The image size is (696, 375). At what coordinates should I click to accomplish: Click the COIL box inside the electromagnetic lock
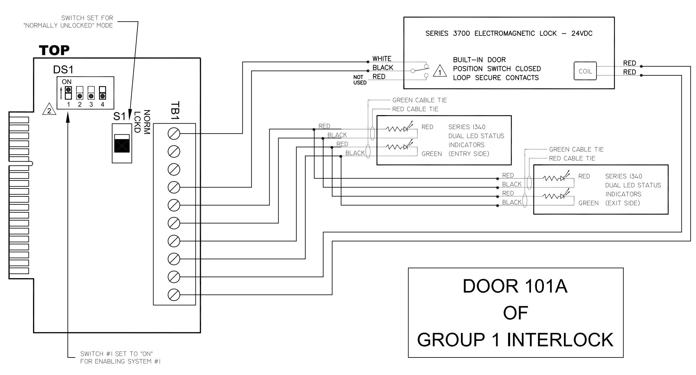pyautogui.click(x=585, y=71)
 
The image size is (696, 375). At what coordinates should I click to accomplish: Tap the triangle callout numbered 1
pyautogui.click(x=440, y=71)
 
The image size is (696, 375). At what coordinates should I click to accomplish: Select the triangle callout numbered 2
pyautogui.click(x=49, y=110)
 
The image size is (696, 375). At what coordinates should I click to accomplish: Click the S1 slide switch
pyautogui.click(x=122, y=143)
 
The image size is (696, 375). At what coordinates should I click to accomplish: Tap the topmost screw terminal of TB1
pyautogui.click(x=174, y=134)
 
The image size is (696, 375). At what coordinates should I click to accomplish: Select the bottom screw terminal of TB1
pyautogui.click(x=174, y=294)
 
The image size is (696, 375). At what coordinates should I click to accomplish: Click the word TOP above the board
pyautogui.click(x=54, y=51)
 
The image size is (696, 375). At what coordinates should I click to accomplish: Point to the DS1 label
pyautogui.click(x=63, y=70)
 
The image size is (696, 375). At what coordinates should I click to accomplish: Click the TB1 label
pyautogui.click(x=175, y=111)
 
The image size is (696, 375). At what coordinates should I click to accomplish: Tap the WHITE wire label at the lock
pyautogui.click(x=382, y=59)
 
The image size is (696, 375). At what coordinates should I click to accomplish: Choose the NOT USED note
pyautogui.click(x=360, y=80)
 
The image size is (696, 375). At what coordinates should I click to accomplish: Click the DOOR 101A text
pyautogui.click(x=515, y=286)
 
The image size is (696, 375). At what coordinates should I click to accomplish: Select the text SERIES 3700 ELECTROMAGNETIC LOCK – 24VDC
pyautogui.click(x=509, y=33)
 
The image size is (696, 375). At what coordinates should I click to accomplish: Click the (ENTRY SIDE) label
pyautogui.click(x=469, y=154)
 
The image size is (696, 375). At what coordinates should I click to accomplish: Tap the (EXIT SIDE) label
pyautogui.click(x=623, y=203)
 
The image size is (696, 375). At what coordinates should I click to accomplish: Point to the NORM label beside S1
pyautogui.click(x=147, y=122)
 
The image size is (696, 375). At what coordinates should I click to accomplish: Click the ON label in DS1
pyautogui.click(x=66, y=82)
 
